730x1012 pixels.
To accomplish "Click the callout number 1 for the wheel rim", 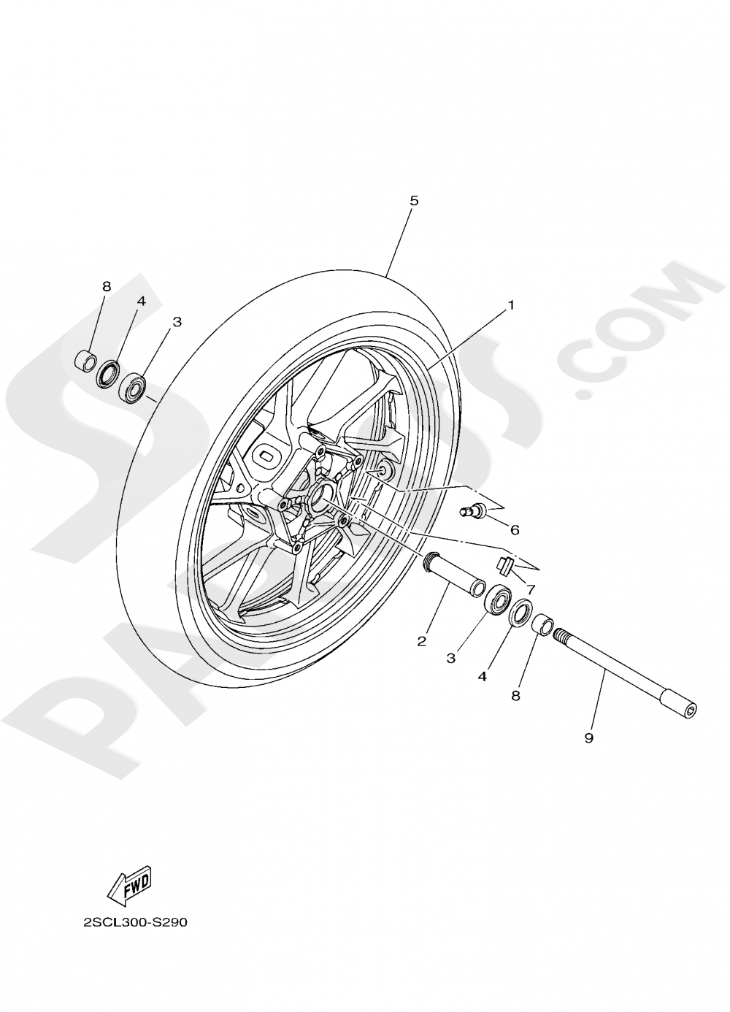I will coord(512,304).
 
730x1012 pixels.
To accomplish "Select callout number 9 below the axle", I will coord(588,738).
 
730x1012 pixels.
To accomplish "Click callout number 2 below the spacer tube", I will coord(421,642).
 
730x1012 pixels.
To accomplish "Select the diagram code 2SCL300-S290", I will coord(136,922).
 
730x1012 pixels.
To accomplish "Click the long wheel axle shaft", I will coord(628,671).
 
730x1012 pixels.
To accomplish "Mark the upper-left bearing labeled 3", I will coord(134,387).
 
